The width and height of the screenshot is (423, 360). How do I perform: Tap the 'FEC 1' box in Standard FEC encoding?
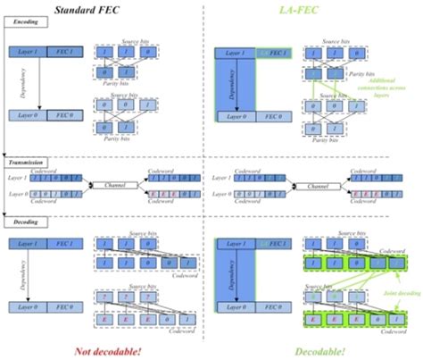[65, 52]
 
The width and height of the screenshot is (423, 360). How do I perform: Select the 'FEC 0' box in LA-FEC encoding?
[270, 115]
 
